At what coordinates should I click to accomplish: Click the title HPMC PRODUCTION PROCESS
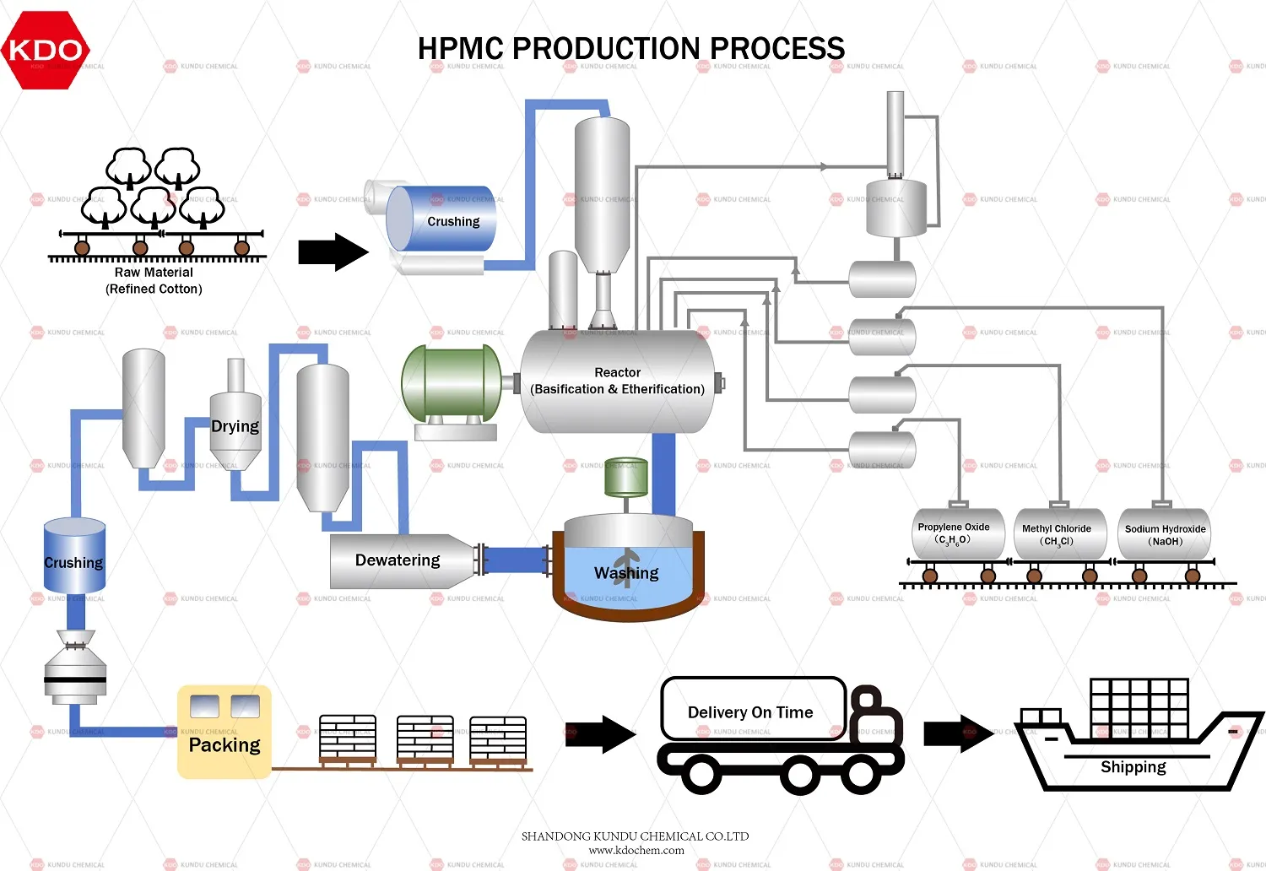tap(630, 49)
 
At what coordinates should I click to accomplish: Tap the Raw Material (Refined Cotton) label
tap(154, 280)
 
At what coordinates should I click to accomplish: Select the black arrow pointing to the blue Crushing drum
tap(333, 252)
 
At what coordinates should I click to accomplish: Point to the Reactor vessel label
tap(617, 381)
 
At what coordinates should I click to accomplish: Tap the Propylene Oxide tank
tap(958, 533)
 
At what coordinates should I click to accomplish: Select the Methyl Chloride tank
tap(1058, 534)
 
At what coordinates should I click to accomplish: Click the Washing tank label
tap(626, 573)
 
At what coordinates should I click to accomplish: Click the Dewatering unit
tap(398, 560)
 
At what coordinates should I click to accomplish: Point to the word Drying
tap(235, 426)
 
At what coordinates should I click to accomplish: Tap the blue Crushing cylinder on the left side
tap(74, 557)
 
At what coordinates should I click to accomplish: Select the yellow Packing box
tap(224, 732)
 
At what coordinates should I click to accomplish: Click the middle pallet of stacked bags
tap(425, 739)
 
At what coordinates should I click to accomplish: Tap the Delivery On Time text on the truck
tap(750, 712)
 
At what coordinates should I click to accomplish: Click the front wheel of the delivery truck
tap(860, 771)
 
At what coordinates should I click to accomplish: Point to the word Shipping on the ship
tap(1133, 766)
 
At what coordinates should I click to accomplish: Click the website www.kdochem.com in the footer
tap(636, 850)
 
